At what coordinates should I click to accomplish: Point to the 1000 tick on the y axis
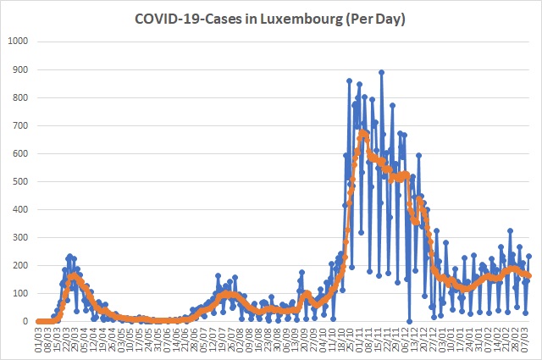click(x=17, y=42)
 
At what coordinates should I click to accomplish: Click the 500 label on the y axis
click(x=20, y=181)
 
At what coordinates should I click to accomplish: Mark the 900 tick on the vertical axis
click(x=20, y=69)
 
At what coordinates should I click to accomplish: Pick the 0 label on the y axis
click(x=26, y=322)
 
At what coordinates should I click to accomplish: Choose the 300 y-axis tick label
click(x=20, y=237)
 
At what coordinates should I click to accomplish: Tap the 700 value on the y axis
click(x=20, y=125)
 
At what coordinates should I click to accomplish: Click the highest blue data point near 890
click(x=382, y=72)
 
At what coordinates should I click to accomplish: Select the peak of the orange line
click(x=362, y=133)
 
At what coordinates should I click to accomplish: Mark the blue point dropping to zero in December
click(x=408, y=321)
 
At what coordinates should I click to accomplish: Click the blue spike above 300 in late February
click(x=510, y=230)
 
